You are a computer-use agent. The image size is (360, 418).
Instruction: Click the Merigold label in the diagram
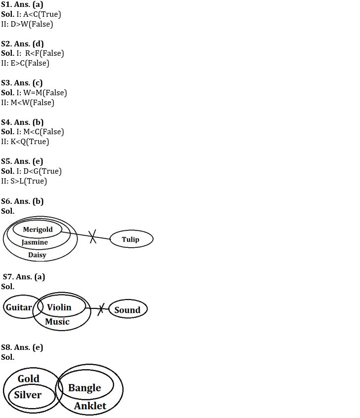click(x=38, y=229)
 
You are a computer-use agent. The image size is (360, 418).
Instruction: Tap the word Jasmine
click(x=35, y=242)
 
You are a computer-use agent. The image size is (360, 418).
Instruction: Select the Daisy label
click(x=37, y=255)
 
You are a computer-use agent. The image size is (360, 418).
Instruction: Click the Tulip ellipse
click(x=131, y=239)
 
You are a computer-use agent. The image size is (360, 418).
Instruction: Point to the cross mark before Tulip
click(x=92, y=236)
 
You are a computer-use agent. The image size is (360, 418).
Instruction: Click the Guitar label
click(x=19, y=307)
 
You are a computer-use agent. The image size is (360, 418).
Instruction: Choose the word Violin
click(x=59, y=307)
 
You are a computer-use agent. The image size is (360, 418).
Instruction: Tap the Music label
click(x=57, y=322)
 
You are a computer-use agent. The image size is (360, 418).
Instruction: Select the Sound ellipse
click(x=128, y=309)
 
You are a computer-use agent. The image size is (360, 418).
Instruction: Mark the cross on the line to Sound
click(x=101, y=309)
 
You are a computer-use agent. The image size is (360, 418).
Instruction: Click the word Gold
click(x=29, y=379)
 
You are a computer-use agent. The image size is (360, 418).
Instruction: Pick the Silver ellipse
click(x=32, y=396)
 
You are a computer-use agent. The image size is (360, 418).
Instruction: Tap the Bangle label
click(x=84, y=388)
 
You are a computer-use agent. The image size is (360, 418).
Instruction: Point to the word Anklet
click(x=90, y=406)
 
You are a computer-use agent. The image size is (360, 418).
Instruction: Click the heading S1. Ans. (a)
click(x=22, y=4)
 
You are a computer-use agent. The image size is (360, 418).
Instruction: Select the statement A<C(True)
click(x=42, y=14)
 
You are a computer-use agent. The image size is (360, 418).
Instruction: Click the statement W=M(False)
click(x=45, y=93)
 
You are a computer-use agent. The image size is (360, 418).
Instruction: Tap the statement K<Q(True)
click(x=30, y=142)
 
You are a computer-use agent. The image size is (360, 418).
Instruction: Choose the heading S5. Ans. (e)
click(x=22, y=161)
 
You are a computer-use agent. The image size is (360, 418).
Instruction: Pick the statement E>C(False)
click(x=30, y=63)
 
